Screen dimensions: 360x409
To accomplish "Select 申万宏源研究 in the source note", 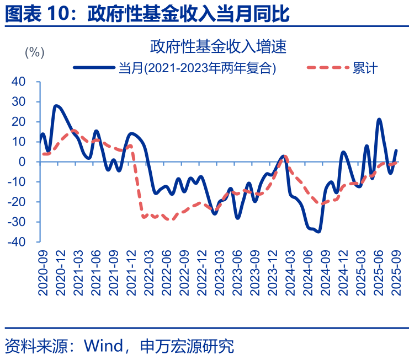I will pos(188,346).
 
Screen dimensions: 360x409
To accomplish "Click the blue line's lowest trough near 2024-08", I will pos(318,232).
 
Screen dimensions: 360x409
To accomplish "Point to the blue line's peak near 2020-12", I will pos(56,105).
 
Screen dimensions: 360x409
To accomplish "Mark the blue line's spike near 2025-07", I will pos(379,119).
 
